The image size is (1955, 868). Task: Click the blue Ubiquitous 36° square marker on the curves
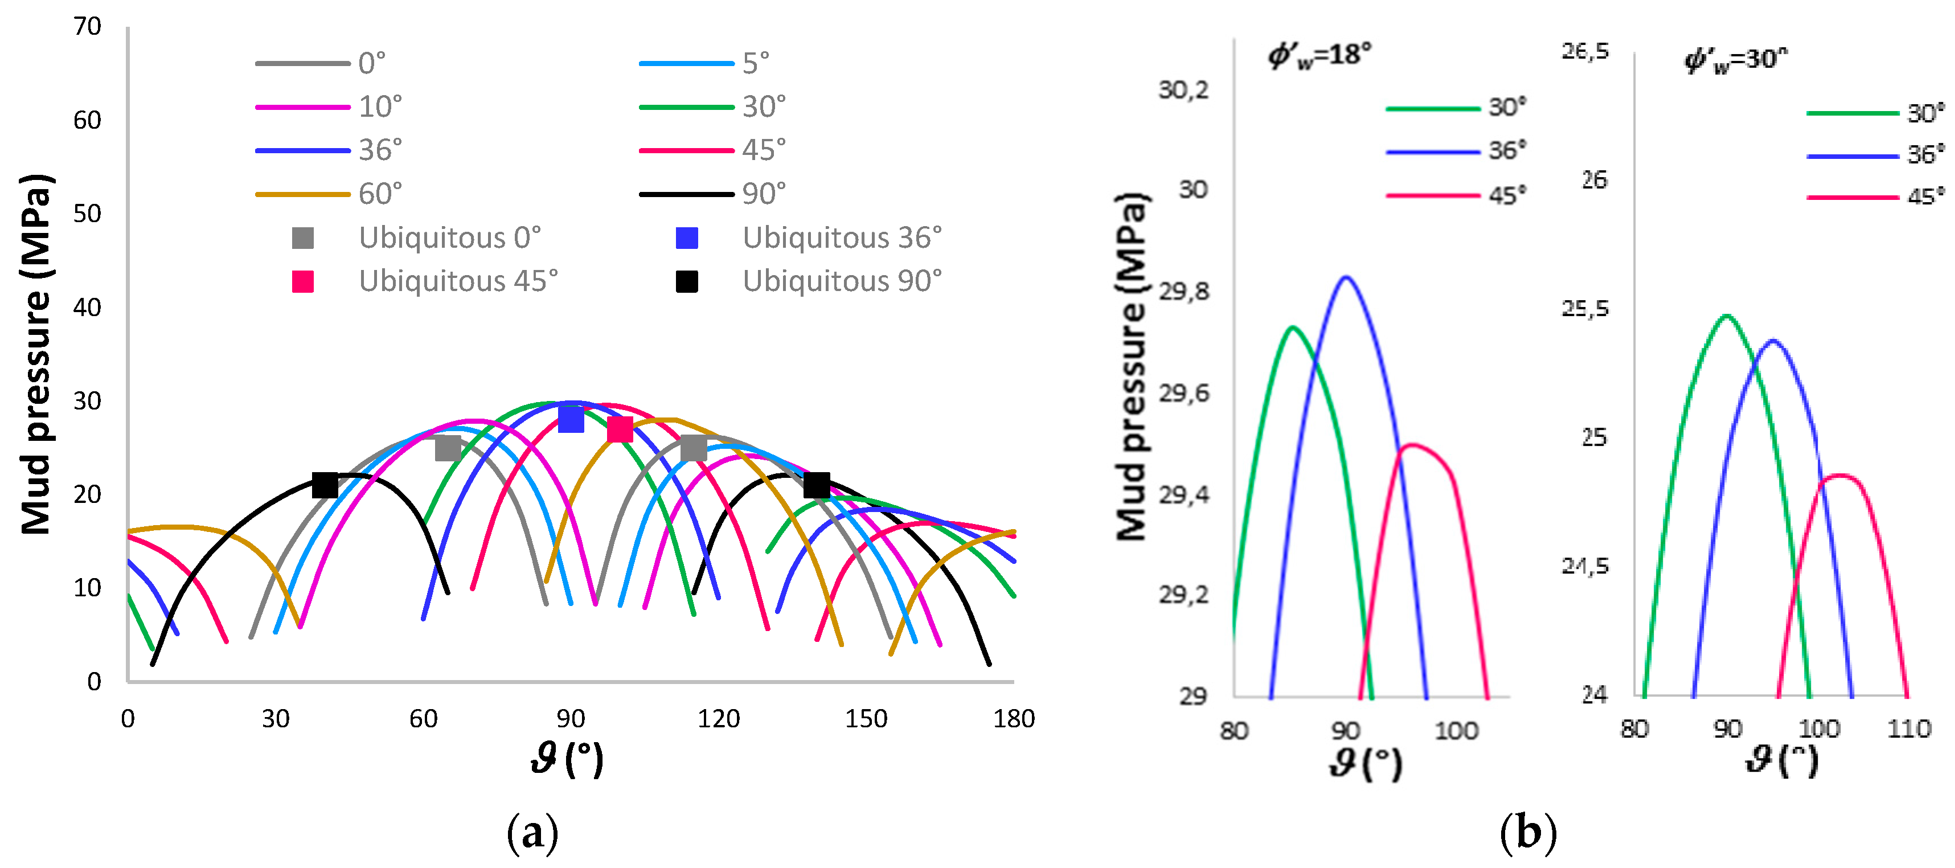click(571, 419)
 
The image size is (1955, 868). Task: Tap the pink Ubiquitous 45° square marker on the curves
click(620, 429)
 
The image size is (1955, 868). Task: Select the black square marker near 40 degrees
click(325, 485)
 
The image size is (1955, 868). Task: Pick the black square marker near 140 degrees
click(817, 485)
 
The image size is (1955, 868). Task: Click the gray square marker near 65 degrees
click(448, 448)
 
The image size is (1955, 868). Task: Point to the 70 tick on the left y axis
click(87, 27)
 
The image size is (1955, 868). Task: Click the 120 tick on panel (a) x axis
click(718, 719)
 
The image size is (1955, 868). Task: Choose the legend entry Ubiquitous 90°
click(842, 281)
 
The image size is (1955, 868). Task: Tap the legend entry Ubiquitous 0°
click(449, 238)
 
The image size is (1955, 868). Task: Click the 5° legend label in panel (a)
click(756, 63)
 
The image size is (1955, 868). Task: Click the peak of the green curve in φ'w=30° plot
click(1727, 315)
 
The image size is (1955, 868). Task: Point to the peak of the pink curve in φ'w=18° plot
click(1410, 445)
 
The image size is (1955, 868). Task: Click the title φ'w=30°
click(1736, 59)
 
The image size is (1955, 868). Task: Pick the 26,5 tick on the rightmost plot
click(1585, 52)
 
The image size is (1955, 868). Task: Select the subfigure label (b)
click(1528, 833)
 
